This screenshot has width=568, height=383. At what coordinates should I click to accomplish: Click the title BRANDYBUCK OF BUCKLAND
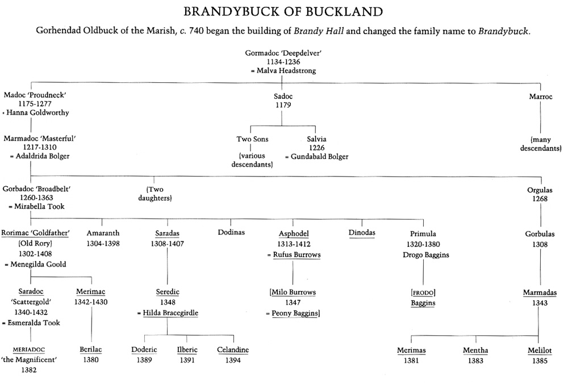click(x=283, y=11)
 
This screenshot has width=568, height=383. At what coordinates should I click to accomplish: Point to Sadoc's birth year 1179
click(x=282, y=106)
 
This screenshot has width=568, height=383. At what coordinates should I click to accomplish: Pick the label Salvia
click(x=316, y=139)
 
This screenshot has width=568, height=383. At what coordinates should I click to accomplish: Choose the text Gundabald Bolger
click(x=319, y=157)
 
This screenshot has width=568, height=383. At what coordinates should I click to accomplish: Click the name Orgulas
click(x=540, y=191)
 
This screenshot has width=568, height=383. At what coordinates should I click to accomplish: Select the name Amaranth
click(x=102, y=233)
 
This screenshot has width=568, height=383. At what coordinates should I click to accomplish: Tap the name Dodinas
click(x=231, y=233)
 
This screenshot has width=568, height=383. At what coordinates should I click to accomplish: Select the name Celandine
click(x=233, y=350)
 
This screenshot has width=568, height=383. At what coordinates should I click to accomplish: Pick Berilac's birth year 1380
click(x=91, y=360)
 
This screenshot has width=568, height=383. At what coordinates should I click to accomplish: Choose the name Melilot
click(x=540, y=351)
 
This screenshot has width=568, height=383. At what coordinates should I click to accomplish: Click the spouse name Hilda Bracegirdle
click(x=170, y=313)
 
